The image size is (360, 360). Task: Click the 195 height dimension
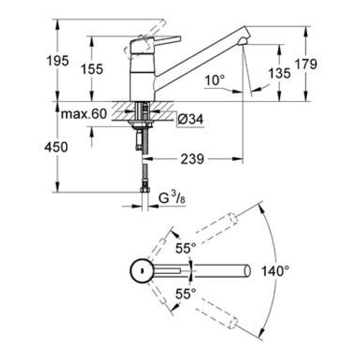pos(57,61)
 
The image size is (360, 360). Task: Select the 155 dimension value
pos(92,69)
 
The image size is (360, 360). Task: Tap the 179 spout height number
pos(306,64)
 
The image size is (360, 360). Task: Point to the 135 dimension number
pos(279,73)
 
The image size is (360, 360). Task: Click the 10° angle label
pos(214,80)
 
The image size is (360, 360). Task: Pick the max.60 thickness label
pos(84,114)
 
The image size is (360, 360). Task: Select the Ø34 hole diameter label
pos(190,119)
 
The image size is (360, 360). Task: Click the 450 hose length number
pos(56,147)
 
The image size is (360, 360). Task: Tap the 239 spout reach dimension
pos(192,159)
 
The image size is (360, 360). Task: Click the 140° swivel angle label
pos(275,271)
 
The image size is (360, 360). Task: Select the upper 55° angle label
pos(186,248)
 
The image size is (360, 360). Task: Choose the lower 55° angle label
pos(186,293)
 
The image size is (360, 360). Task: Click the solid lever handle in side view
pos(167,40)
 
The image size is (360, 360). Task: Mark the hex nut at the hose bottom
pos(144,190)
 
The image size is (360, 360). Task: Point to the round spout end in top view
pos(247,271)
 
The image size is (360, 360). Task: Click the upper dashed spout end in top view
pos(232,219)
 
